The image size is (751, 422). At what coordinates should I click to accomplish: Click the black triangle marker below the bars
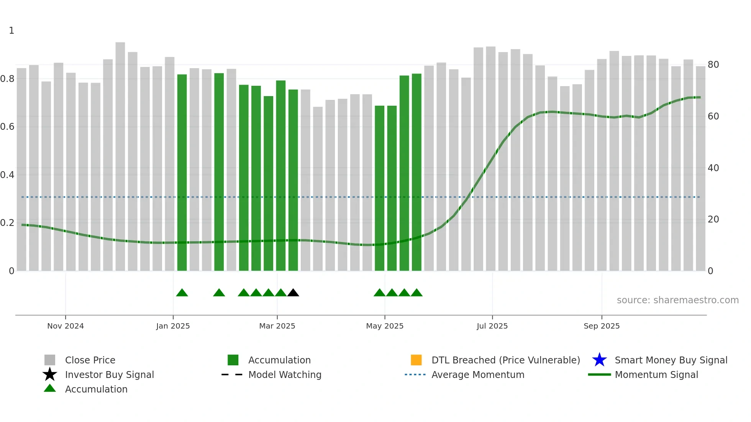tap(293, 293)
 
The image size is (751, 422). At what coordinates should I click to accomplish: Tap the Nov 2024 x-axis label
tap(66, 326)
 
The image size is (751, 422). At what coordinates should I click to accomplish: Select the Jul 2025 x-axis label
tap(492, 326)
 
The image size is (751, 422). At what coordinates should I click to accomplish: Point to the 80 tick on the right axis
tap(713, 65)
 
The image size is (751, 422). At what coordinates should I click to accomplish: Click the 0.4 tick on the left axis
tap(7, 175)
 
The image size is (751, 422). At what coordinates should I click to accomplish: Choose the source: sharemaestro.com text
tap(677, 300)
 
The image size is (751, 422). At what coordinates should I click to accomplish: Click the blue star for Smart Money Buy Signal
tap(599, 360)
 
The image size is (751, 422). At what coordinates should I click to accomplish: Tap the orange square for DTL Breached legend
tap(416, 360)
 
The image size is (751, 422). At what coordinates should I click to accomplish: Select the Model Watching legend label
tap(285, 375)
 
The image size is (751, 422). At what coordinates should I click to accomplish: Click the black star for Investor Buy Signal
tap(50, 375)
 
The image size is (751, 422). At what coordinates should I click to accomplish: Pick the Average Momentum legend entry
tap(477, 375)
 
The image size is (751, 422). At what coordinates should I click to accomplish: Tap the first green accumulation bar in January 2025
tap(182, 172)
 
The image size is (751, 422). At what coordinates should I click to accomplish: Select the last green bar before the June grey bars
tap(416, 172)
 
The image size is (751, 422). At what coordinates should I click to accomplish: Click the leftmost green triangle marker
tap(182, 293)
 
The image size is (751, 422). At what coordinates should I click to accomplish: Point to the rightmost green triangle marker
tap(416, 293)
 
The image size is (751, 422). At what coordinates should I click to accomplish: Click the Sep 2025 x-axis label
tap(602, 326)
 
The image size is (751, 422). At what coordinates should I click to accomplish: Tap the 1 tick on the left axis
tap(11, 31)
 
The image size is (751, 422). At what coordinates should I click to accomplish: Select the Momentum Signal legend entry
tap(656, 375)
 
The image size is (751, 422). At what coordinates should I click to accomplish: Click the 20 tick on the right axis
tap(713, 219)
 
